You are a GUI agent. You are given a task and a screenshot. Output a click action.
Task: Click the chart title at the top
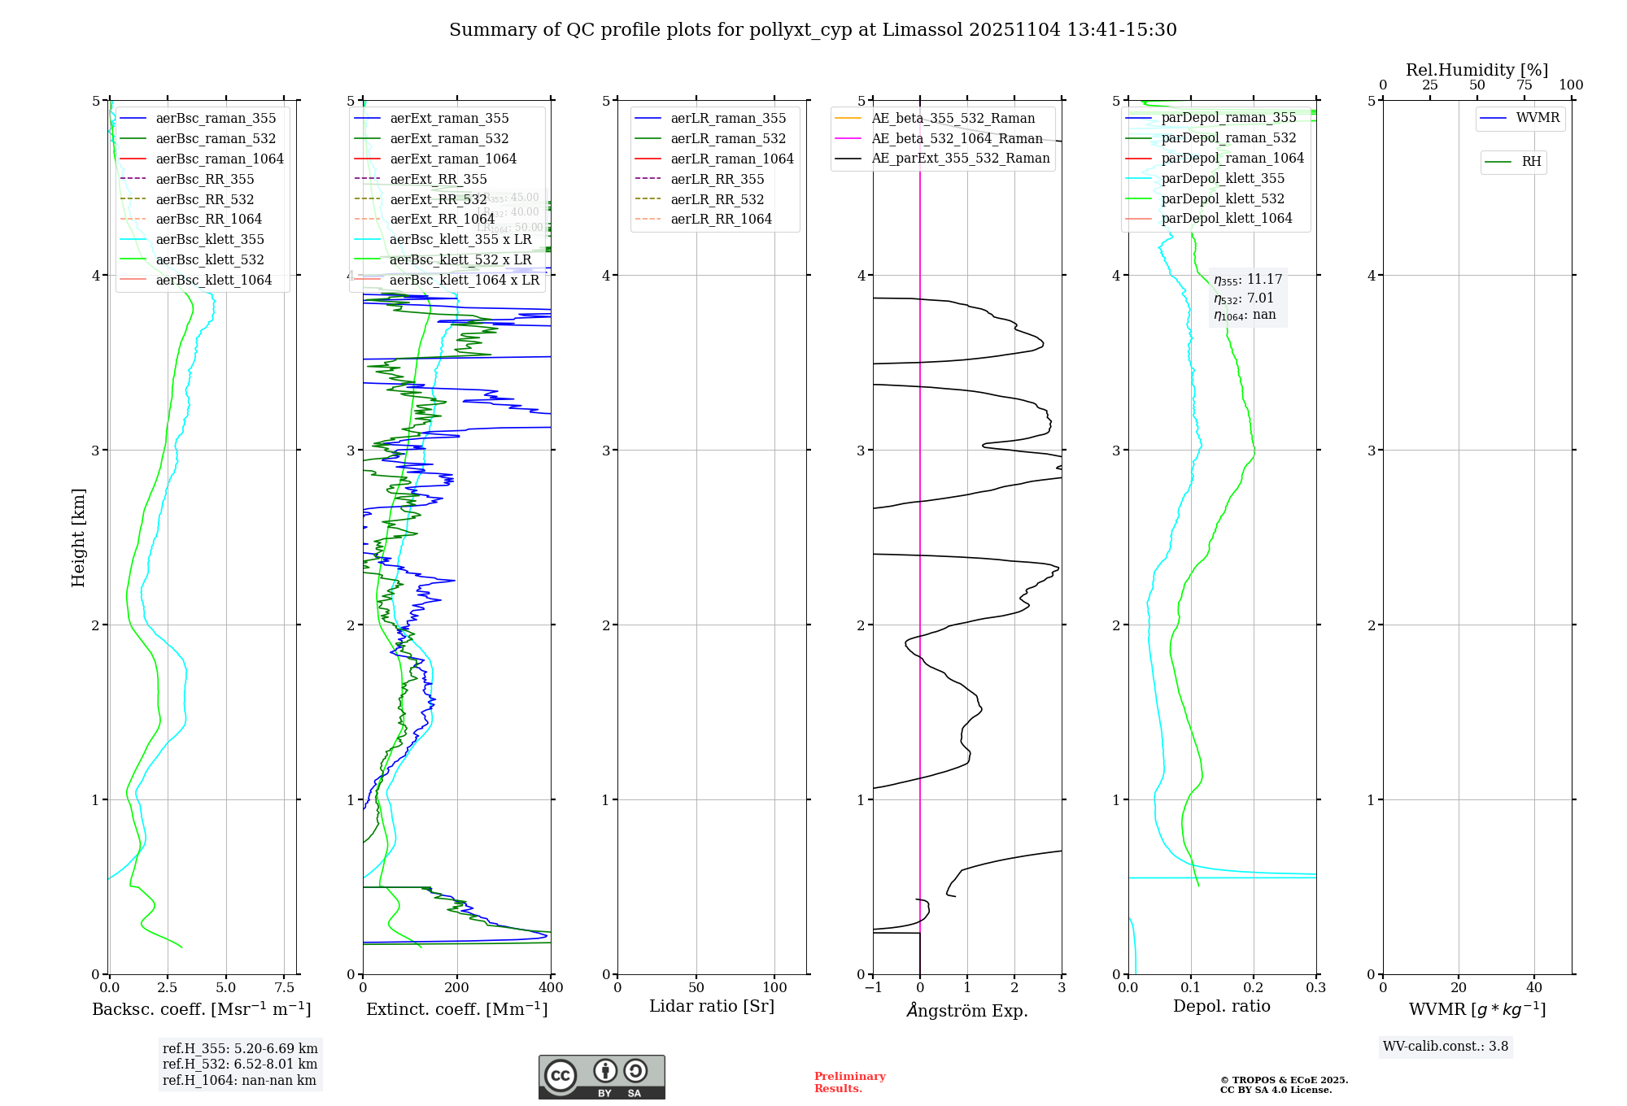[813, 30]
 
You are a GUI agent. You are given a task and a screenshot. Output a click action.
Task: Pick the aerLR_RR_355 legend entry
[717, 179]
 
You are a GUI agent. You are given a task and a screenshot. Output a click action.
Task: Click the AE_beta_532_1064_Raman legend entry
[957, 138]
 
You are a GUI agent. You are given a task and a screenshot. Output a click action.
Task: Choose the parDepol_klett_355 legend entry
[1222, 178]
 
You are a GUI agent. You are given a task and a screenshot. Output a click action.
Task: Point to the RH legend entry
[1531, 162]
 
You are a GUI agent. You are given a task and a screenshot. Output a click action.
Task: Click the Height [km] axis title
[78, 538]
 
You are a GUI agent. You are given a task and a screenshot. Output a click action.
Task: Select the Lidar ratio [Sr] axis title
[712, 1006]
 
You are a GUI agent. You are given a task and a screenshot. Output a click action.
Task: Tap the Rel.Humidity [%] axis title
[1477, 70]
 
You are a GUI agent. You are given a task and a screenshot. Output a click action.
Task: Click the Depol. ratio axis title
[1221, 1006]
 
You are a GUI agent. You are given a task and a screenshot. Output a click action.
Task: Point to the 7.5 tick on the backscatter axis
[284, 988]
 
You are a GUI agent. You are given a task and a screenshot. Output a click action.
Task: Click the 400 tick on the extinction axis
[551, 988]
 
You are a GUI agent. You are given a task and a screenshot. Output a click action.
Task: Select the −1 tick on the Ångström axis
[873, 988]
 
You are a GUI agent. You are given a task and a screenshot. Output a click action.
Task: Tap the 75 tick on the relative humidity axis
[1524, 85]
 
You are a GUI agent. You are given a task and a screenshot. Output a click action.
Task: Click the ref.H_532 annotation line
[239, 1064]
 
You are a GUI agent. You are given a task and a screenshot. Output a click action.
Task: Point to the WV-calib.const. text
[1445, 1047]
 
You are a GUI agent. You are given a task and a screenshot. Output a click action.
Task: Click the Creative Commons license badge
[601, 1077]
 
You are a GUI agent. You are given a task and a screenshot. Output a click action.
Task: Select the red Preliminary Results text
[849, 1082]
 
